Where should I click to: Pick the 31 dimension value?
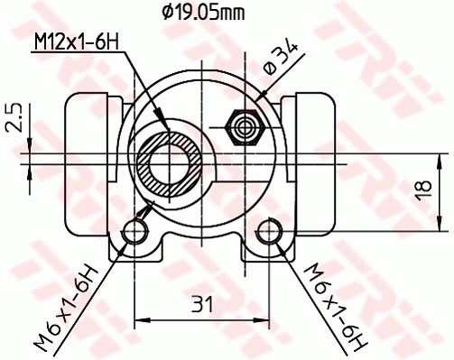(202, 305)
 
